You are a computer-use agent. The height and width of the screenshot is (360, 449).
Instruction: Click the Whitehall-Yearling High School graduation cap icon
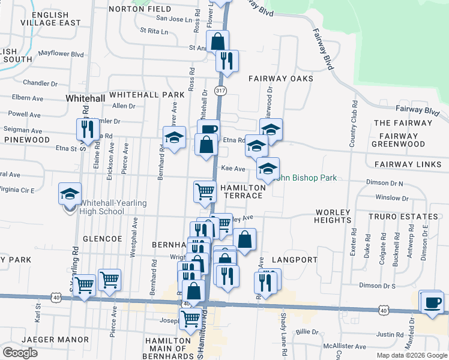70,194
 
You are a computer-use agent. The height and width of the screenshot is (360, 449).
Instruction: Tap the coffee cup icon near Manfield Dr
431,302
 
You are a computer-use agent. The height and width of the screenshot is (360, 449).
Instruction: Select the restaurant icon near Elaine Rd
88,129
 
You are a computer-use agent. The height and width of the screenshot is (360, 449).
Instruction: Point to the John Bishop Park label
306,178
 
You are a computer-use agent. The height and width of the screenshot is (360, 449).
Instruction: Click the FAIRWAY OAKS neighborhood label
281,79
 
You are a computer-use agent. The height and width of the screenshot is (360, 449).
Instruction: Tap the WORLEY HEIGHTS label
333,216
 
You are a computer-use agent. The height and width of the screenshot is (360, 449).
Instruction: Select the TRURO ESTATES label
403,216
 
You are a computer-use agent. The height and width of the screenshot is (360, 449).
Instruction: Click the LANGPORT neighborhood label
294,260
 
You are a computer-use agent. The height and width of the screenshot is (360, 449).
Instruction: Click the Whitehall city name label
85,98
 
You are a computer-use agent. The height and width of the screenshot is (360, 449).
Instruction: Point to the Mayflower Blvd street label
61,53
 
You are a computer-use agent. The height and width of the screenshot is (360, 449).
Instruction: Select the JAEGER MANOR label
55,340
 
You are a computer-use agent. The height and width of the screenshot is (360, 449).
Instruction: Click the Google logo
20,353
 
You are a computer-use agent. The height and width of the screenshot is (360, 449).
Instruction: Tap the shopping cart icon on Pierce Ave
109,280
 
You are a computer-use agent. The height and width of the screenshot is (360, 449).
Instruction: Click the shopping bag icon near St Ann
217,41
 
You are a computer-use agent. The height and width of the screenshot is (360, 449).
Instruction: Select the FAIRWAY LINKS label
408,164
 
